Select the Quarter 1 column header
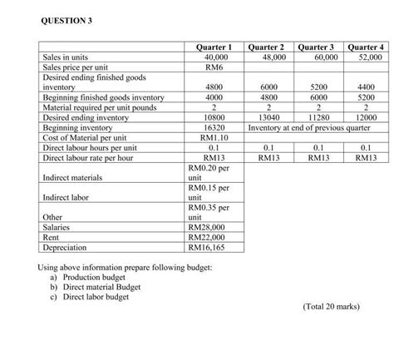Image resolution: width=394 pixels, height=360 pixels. point(210,47)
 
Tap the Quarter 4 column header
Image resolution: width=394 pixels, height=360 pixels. point(366,47)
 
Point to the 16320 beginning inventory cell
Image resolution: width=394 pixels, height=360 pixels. point(210,128)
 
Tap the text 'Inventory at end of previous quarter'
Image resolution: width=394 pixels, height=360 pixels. point(302,128)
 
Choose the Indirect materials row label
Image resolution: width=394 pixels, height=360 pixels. point(72,177)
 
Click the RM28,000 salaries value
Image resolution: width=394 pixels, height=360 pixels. point(210,227)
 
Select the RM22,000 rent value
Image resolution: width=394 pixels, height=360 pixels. point(210,237)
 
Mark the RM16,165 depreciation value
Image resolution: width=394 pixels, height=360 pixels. point(210,247)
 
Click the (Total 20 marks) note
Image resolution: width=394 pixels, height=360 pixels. point(332,306)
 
